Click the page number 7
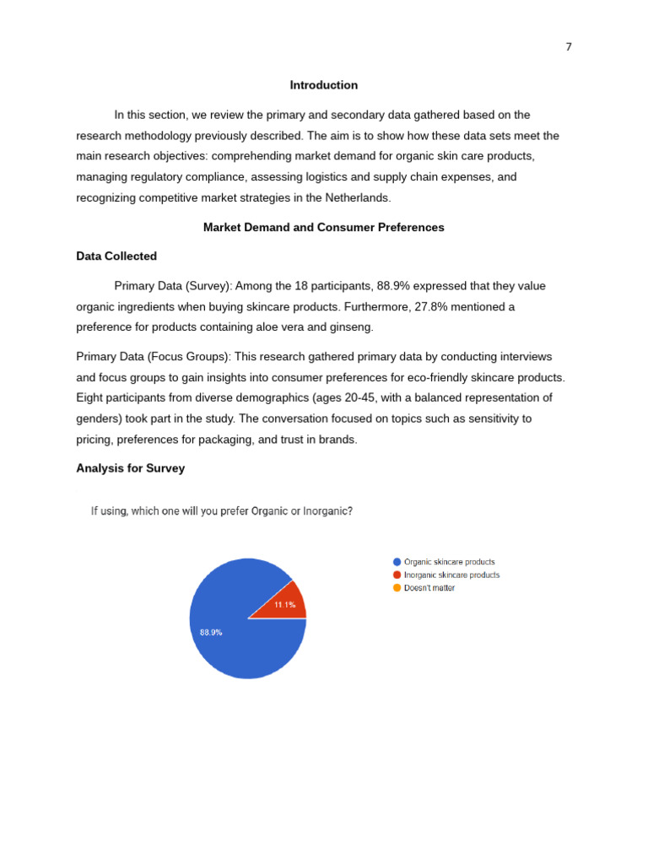[x=569, y=47]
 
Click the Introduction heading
[x=324, y=85]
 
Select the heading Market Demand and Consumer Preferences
[x=324, y=228]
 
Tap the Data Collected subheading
[x=116, y=256]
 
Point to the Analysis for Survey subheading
[x=131, y=468]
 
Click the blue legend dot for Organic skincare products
[x=397, y=562]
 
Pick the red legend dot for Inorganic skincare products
[x=397, y=575]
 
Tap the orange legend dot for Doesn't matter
[x=397, y=588]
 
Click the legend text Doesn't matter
[x=429, y=588]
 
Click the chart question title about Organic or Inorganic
[x=222, y=511]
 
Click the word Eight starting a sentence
[x=90, y=398]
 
